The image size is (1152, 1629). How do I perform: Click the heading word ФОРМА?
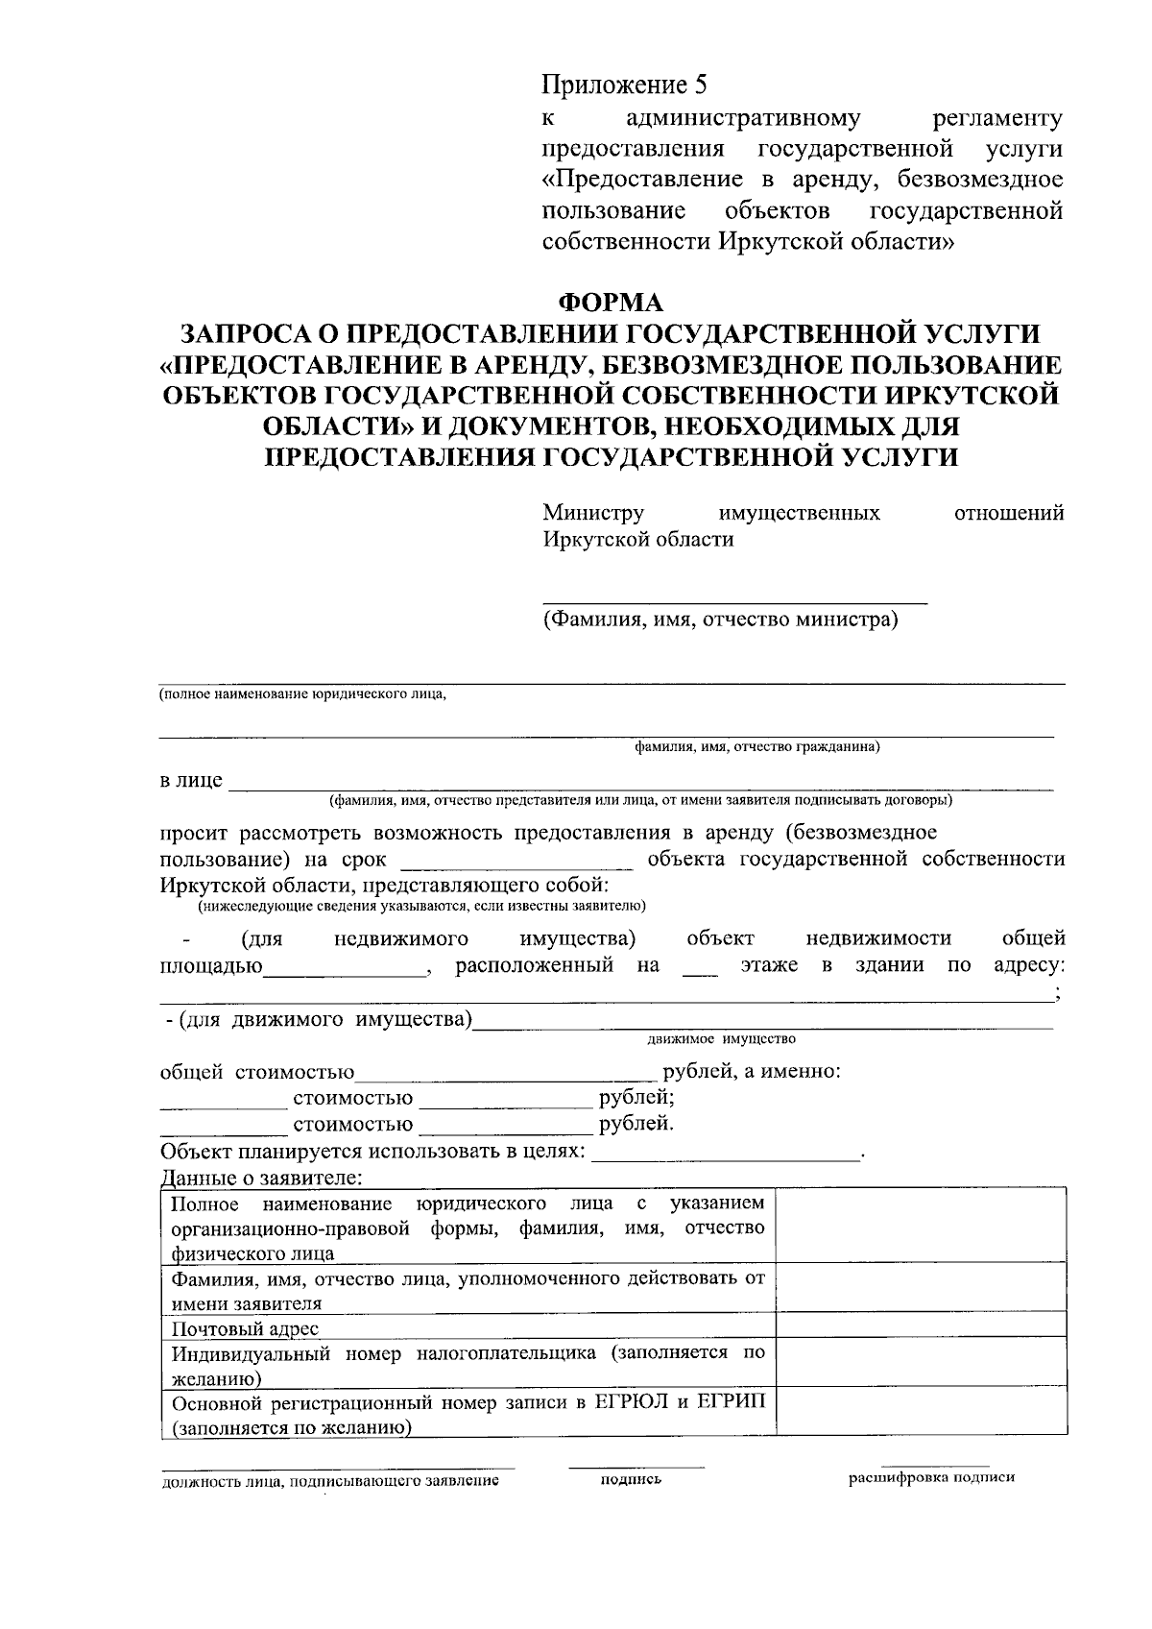(612, 303)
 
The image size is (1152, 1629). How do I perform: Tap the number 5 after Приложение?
(700, 85)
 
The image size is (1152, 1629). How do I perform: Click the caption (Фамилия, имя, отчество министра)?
(720, 620)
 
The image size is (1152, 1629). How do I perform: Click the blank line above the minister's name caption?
(734, 600)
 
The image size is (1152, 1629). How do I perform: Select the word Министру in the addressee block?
(592, 513)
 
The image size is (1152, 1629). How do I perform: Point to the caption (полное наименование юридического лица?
(302, 694)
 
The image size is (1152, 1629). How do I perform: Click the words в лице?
(191, 780)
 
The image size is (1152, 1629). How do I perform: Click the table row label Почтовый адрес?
(245, 1329)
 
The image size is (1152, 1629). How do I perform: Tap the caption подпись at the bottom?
(631, 1481)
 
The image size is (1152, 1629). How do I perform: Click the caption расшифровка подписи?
(930, 1478)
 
